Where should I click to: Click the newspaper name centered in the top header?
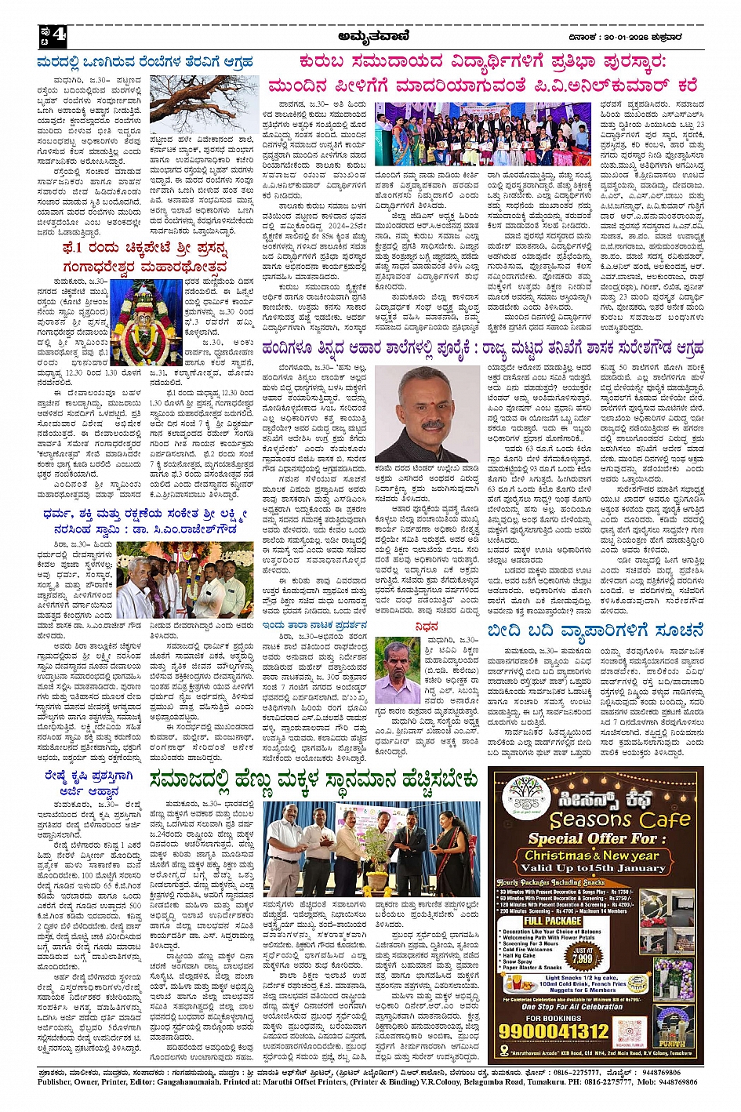click(x=369, y=35)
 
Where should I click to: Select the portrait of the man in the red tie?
click(x=425, y=414)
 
